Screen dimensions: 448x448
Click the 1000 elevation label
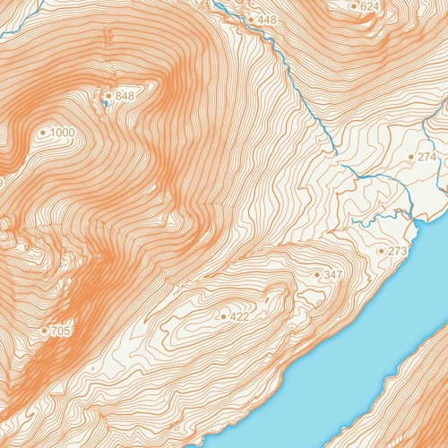[x=63, y=134]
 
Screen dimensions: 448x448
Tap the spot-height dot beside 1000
[x=43, y=134]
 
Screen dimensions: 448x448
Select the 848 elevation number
[x=125, y=97]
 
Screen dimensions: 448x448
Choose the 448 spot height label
[x=267, y=19]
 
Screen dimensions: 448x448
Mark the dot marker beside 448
[x=251, y=19]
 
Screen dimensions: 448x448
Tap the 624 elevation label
[x=370, y=6]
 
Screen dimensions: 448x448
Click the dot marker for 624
[x=354, y=6]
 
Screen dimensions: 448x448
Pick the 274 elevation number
[x=426, y=157]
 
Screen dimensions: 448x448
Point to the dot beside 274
[x=411, y=157]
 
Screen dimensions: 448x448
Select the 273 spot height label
[x=397, y=251]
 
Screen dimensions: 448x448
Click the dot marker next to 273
[x=382, y=251]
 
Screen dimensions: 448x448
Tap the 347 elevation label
[x=333, y=274]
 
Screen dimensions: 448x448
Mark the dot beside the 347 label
[x=318, y=274]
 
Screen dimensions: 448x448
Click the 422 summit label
[x=239, y=316]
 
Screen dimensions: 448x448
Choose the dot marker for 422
[x=223, y=316]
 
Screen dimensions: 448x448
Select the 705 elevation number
[x=60, y=332]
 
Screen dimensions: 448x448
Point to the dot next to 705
[x=44, y=332]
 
